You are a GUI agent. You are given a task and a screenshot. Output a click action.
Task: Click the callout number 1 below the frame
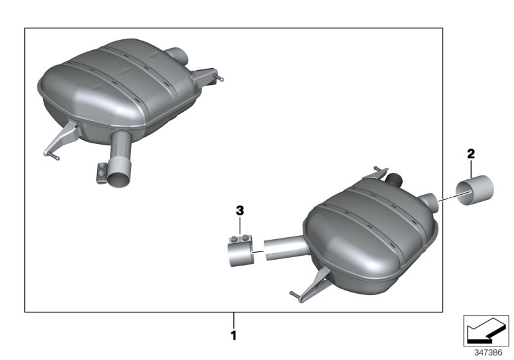(234, 335)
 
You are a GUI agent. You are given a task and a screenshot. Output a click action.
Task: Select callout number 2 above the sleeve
(471, 154)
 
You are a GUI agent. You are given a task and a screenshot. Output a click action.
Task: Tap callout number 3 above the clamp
(240, 210)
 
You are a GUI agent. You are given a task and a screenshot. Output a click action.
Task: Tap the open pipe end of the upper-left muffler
(120, 175)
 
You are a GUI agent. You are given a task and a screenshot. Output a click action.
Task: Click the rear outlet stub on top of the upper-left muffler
(177, 54)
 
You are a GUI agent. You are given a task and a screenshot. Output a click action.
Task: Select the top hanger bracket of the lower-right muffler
(375, 173)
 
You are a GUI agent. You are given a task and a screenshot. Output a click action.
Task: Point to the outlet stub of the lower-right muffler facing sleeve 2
(429, 201)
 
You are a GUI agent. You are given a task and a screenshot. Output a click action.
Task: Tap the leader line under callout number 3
(240, 226)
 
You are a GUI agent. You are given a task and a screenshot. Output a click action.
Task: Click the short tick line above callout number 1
(234, 319)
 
